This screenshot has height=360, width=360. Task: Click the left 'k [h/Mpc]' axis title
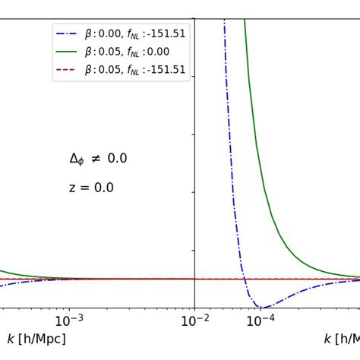[36, 339]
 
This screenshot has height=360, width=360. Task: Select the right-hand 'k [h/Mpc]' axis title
[341, 339]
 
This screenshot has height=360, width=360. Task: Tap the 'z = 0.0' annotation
[91, 188]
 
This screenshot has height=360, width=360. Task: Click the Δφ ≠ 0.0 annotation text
[98, 159]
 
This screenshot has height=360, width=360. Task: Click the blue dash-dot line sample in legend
[67, 34]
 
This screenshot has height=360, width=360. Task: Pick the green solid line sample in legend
[67, 52]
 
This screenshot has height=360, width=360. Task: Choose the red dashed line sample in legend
[67, 69]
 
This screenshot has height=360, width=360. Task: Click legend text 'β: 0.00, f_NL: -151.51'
[135, 34]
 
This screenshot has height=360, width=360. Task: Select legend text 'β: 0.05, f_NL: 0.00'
[127, 52]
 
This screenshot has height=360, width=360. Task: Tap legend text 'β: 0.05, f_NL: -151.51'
[135, 69]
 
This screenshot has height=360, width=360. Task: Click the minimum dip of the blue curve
[261, 307]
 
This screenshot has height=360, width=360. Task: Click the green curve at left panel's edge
[4, 271]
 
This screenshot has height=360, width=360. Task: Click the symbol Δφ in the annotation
[77, 159]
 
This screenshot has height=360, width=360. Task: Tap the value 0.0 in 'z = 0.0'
[104, 188]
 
